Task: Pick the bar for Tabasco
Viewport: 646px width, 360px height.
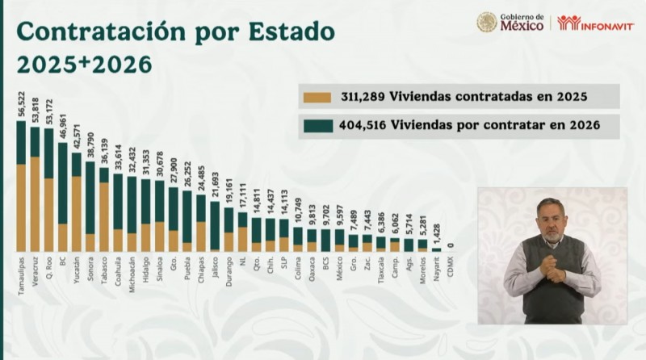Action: (104, 210)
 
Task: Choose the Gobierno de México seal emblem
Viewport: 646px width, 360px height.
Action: (487, 22)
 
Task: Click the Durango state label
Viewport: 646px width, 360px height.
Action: (229, 269)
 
